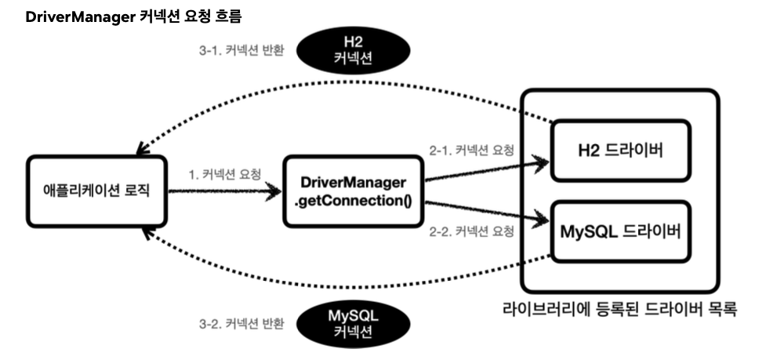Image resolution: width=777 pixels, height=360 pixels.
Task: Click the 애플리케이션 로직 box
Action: (x=96, y=191)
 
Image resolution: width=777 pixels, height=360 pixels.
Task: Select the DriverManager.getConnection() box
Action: (x=354, y=191)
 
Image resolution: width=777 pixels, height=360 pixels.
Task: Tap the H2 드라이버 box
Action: (x=620, y=151)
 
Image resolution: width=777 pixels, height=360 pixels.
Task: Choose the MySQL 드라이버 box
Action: (x=620, y=231)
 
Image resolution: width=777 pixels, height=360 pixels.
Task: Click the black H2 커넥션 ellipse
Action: (x=354, y=50)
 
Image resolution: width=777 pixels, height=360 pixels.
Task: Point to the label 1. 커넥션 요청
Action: (x=225, y=175)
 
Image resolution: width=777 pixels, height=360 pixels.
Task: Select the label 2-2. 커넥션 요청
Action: (x=471, y=231)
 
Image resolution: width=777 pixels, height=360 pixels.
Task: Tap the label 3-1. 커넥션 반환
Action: (x=241, y=50)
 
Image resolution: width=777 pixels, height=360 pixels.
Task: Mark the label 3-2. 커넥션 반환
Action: (x=241, y=324)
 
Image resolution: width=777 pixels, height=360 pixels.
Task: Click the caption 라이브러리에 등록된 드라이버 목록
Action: (x=619, y=309)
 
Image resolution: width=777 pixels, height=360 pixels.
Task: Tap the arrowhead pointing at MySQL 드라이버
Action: (x=540, y=219)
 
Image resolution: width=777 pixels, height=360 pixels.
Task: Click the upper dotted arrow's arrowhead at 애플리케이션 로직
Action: (x=143, y=147)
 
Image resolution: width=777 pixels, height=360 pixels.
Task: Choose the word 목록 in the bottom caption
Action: (x=722, y=309)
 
